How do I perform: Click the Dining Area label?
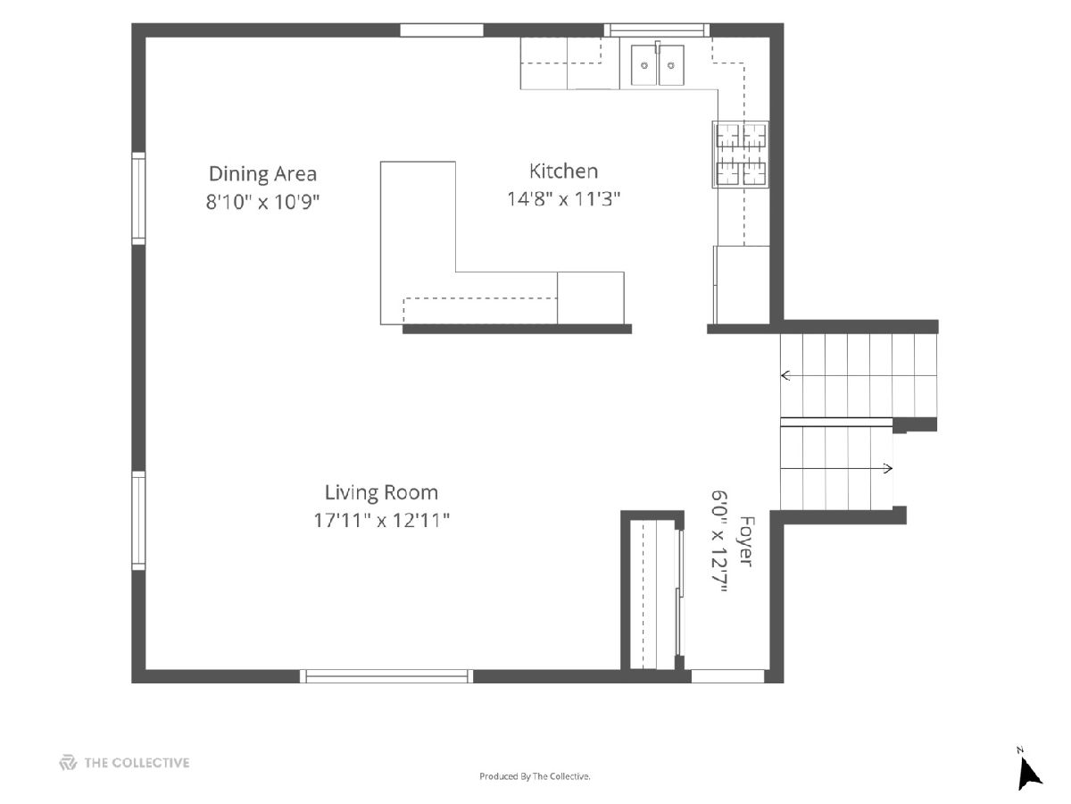(262, 174)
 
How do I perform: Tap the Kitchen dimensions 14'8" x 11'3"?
(563, 199)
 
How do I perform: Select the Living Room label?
(382, 492)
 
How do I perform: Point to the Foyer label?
(746, 541)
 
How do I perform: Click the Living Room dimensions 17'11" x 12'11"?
(382, 521)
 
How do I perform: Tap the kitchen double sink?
(657, 64)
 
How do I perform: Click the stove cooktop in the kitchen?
(741, 155)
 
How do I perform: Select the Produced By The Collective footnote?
(535, 776)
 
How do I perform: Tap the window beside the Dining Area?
(138, 198)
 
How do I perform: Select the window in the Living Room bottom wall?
(386, 676)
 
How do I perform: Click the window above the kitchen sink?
(657, 29)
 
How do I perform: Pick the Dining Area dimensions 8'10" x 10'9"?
(262, 202)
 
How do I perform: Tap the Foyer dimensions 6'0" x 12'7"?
(718, 541)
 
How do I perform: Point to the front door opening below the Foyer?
(728, 676)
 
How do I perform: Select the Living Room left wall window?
(138, 521)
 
